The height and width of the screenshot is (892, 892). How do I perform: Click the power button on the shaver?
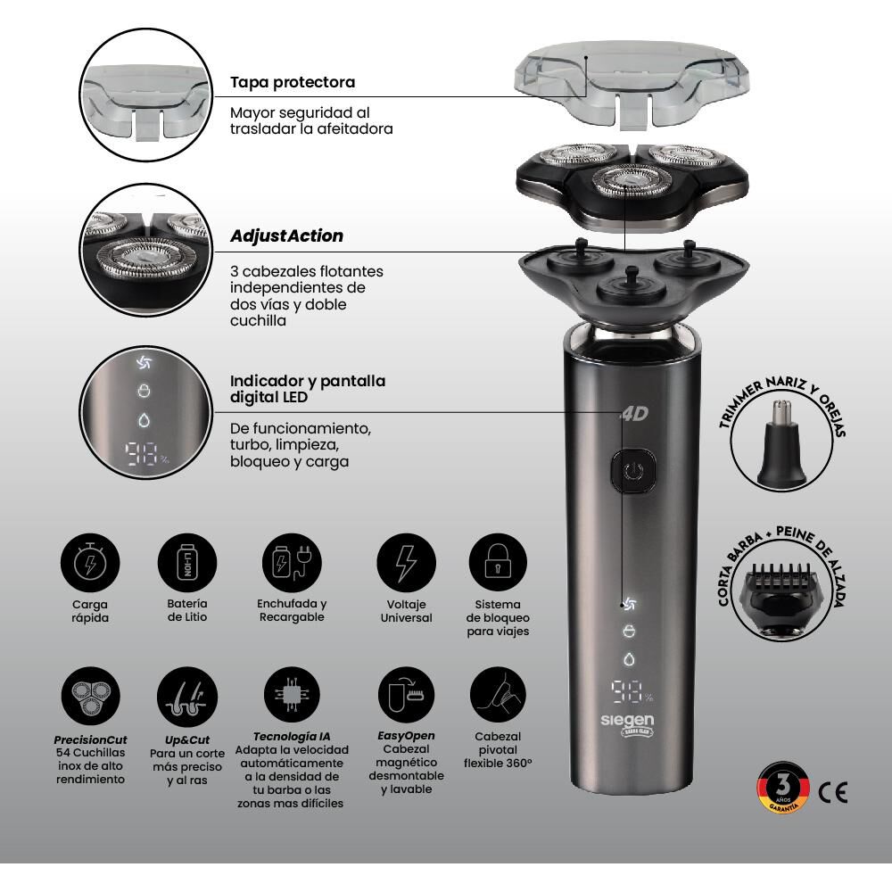click(x=633, y=470)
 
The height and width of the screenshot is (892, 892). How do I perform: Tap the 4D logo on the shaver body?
click(x=634, y=414)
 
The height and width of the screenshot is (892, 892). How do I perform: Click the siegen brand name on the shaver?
click(x=627, y=721)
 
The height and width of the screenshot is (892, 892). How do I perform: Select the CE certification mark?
click(x=833, y=792)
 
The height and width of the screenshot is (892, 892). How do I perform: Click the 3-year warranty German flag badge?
click(x=783, y=788)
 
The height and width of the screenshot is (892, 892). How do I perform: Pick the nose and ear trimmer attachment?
click(x=781, y=441)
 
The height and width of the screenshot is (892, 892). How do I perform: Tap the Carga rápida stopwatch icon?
click(x=90, y=563)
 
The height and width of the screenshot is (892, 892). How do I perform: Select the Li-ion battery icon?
click(x=187, y=563)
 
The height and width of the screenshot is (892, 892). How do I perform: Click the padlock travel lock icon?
click(x=498, y=563)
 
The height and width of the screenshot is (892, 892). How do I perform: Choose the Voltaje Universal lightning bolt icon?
click(x=406, y=563)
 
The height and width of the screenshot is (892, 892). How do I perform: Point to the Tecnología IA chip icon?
click(x=292, y=695)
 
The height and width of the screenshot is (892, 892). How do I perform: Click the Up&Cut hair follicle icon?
click(x=187, y=696)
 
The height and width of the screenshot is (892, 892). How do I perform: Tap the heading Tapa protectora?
click(x=293, y=82)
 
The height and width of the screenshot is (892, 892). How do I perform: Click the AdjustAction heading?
click(x=286, y=235)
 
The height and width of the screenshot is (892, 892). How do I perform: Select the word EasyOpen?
click(x=406, y=736)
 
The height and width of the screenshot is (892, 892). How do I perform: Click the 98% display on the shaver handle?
click(x=632, y=691)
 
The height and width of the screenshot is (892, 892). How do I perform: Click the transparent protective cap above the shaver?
click(x=632, y=86)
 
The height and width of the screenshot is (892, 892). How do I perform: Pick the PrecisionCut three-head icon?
click(x=90, y=696)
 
